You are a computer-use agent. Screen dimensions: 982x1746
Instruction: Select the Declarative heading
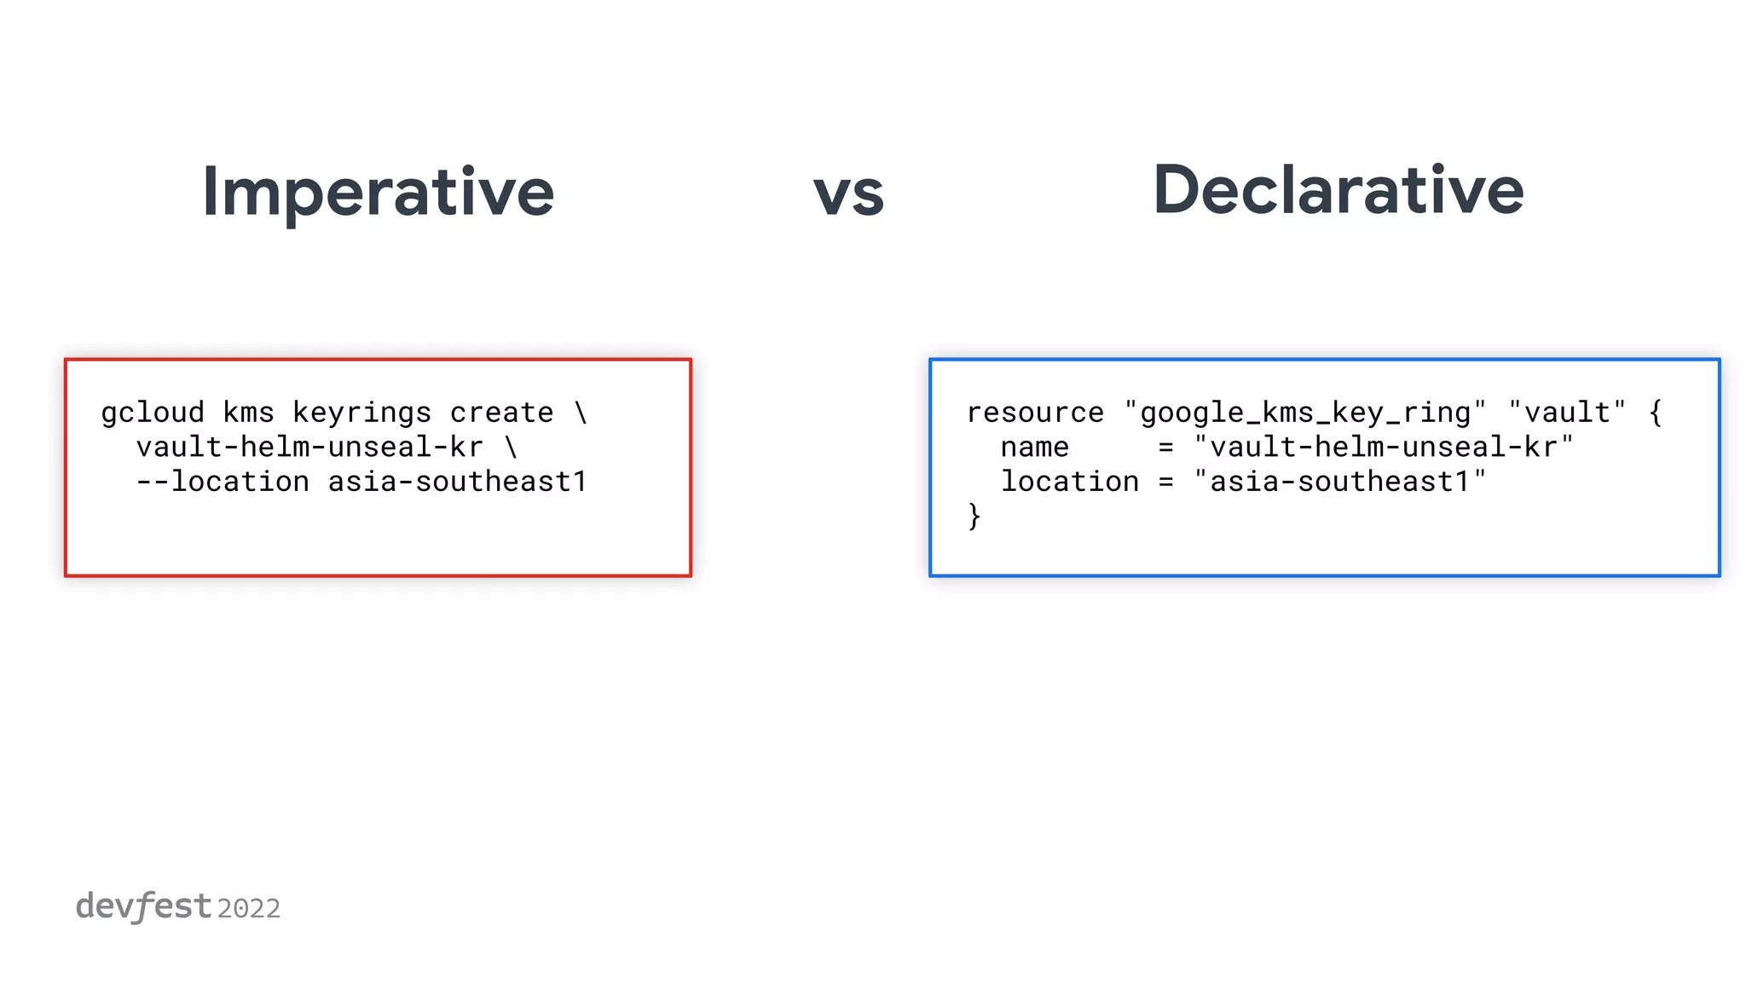pos(1338,191)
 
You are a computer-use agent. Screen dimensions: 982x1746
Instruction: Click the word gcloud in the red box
pos(153,413)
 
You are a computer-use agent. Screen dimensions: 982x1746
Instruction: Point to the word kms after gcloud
pos(248,413)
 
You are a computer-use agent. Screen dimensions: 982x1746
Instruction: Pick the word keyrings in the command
pos(361,413)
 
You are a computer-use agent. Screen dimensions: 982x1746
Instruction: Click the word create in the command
pos(501,413)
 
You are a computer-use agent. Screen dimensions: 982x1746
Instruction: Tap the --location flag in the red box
pos(223,482)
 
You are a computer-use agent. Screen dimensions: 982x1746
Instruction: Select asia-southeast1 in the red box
pos(458,482)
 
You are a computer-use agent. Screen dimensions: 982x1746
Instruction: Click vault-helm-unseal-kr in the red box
pos(309,447)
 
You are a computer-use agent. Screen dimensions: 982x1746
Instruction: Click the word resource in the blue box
pos(1035,413)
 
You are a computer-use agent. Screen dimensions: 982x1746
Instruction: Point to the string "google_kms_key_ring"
pos(1305,413)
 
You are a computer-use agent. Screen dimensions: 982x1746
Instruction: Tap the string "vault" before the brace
pos(1567,413)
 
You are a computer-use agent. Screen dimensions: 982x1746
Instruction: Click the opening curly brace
pos(1656,413)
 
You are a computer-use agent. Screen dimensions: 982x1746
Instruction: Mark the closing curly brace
pos(974,516)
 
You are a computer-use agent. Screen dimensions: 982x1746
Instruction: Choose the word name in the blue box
pos(1035,447)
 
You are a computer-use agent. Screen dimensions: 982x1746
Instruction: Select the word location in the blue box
pos(1070,482)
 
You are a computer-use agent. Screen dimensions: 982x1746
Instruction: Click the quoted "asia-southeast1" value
pos(1340,482)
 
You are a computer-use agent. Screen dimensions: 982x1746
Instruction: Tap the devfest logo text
pos(143,906)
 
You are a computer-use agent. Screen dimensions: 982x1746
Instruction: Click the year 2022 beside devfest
pos(249,909)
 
